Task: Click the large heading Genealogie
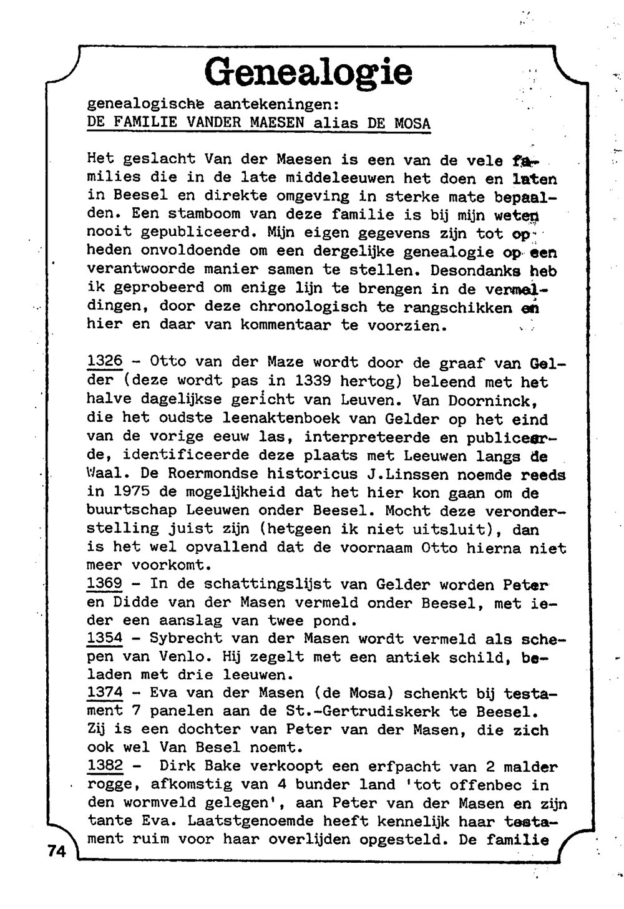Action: pyautogui.click(x=308, y=72)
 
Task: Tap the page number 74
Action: pyautogui.click(x=56, y=851)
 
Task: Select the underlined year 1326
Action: pyautogui.click(x=105, y=361)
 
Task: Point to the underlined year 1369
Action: pyautogui.click(x=105, y=584)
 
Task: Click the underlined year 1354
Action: pyautogui.click(x=105, y=638)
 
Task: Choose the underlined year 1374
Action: pyautogui.click(x=105, y=693)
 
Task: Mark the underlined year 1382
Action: pyautogui.click(x=105, y=766)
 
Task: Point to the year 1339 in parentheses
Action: pyautogui.click(x=313, y=381)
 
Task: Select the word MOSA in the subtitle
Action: pyautogui.click(x=412, y=122)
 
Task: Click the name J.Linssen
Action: pyautogui.click(x=407, y=474)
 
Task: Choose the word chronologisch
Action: pyautogui.click(x=308, y=307)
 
